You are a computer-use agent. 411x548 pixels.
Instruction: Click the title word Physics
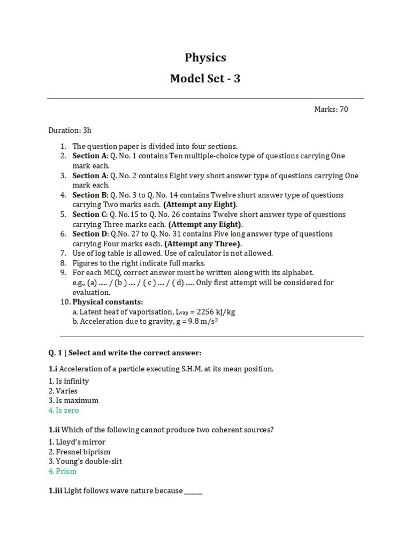tap(205, 58)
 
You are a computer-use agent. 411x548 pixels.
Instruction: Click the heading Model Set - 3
tap(205, 79)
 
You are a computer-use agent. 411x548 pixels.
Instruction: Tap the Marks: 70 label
tap(331, 109)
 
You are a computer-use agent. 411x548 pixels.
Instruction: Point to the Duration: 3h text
tap(70, 130)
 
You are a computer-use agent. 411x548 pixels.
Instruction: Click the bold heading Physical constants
tap(108, 302)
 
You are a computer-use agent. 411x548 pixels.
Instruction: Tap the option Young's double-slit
tap(85, 461)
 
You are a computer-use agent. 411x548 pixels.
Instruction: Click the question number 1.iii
tap(55, 491)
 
